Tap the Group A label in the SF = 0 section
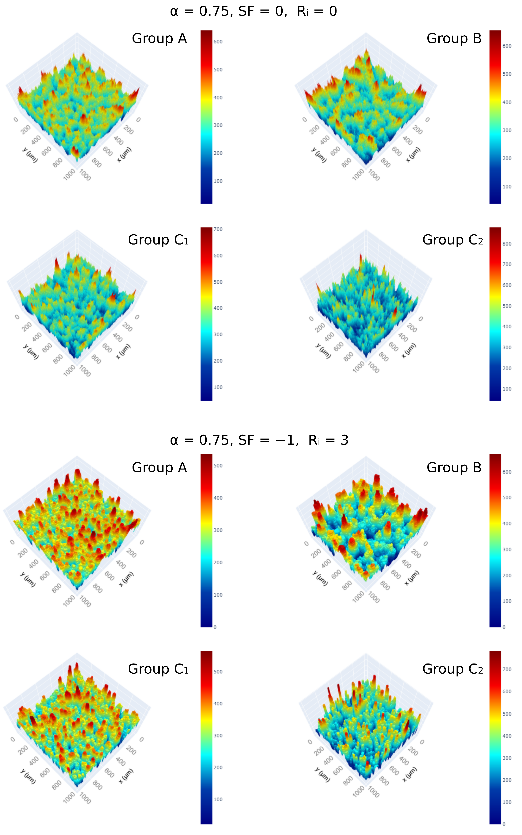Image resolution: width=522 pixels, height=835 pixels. coord(159,38)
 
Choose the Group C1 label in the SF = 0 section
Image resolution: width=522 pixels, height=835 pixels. coord(158,240)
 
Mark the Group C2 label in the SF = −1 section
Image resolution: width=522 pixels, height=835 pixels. coord(452,669)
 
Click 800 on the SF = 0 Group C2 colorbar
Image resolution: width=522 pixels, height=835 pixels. coord(507,244)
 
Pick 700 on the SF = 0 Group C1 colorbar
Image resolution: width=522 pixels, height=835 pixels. coord(218,229)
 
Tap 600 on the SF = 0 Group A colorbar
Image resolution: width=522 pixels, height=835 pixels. coord(218,42)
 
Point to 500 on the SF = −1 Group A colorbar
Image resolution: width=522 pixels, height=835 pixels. coord(218,465)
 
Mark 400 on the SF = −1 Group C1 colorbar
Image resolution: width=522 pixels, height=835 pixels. coord(218,703)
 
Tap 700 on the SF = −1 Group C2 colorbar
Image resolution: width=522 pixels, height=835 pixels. coord(507,669)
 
